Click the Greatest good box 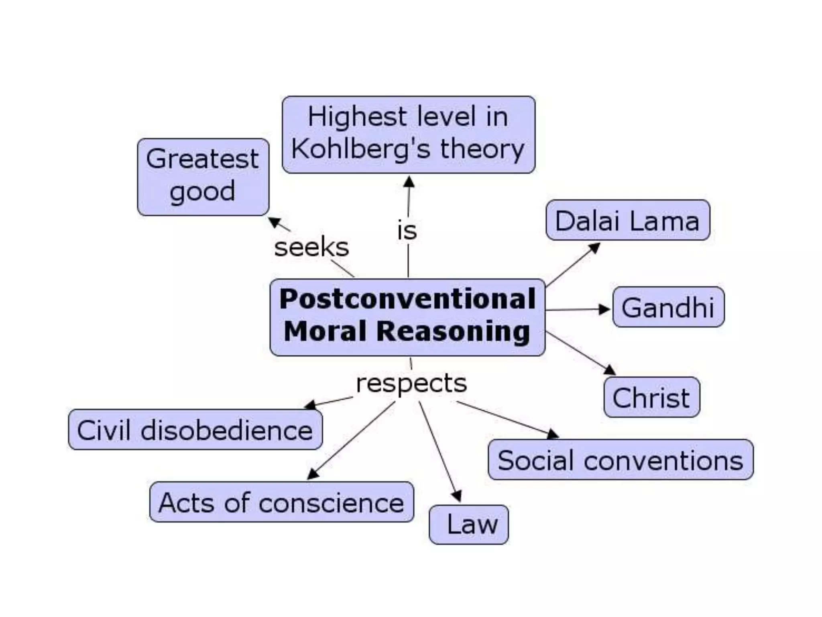203,177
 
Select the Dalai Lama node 628,220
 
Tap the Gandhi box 668,307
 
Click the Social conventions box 621,460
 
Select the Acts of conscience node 281,502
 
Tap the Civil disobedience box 195,429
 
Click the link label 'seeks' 311,247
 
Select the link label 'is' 407,231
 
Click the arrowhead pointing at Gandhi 604,309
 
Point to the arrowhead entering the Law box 457,496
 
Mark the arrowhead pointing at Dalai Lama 594,248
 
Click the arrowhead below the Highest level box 409,182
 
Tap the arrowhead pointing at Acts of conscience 313,474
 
